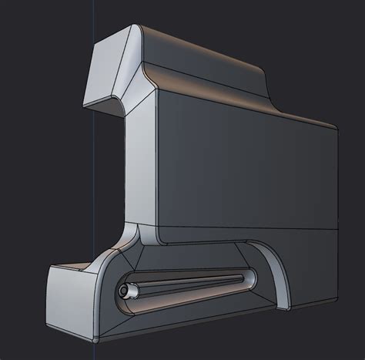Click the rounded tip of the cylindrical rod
coord(123,292)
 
